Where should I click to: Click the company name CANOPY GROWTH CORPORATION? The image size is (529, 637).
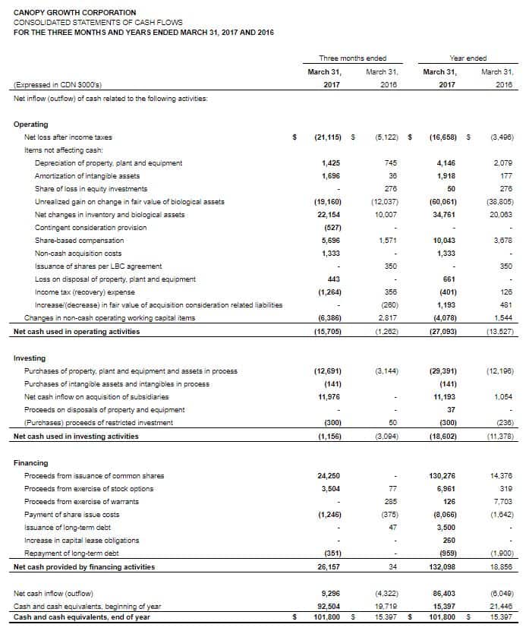click(x=75, y=13)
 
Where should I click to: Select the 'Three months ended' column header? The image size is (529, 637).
click(x=352, y=58)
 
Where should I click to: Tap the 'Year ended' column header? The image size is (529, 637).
click(x=468, y=58)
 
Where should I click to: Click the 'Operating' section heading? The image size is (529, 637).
click(x=30, y=124)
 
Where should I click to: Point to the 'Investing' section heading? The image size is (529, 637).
click(x=30, y=358)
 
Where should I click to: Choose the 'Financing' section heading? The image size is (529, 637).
click(x=31, y=462)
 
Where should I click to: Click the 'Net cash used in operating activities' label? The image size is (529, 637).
click(x=77, y=331)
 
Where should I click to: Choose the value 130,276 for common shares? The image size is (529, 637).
click(x=441, y=475)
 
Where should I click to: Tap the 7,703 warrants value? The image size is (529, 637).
click(x=502, y=501)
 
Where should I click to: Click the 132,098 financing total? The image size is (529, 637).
click(x=441, y=567)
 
